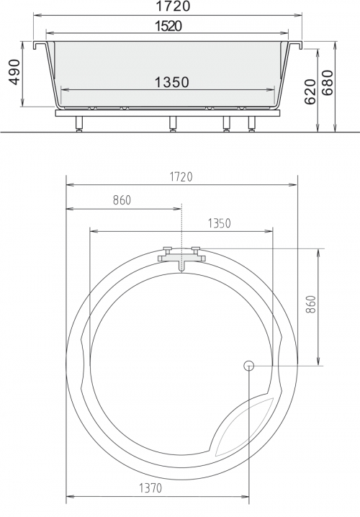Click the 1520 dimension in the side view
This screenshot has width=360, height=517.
168,26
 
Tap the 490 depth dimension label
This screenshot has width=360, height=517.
14,72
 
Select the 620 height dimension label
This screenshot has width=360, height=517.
310,91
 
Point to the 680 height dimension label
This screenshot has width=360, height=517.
328,83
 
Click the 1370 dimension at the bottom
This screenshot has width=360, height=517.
150,487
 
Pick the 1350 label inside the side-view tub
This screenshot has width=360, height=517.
172,82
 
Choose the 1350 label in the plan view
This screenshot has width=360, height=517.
219,223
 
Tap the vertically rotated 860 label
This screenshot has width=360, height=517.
311,305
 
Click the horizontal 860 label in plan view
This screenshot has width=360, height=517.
122,200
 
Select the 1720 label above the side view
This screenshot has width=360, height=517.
173,6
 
